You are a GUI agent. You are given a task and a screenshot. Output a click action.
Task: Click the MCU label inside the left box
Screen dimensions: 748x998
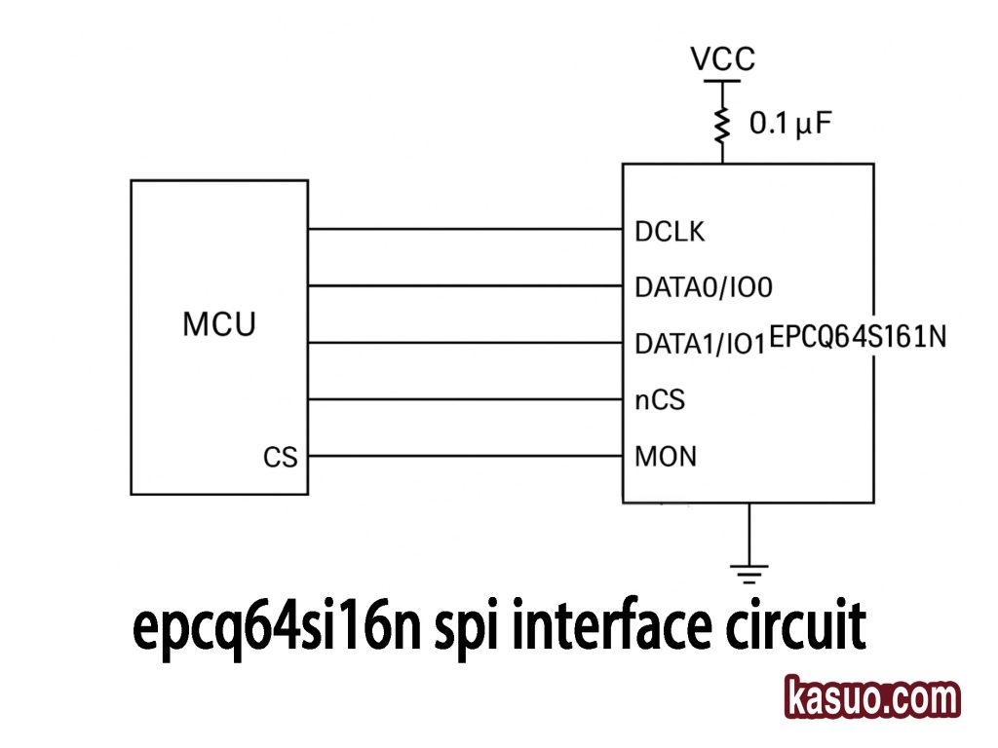point(218,324)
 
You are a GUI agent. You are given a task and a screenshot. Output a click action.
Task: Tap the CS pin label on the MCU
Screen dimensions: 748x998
point(281,457)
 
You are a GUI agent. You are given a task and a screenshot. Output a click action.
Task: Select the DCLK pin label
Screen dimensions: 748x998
point(669,232)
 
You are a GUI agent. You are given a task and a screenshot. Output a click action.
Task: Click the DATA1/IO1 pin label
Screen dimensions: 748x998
point(700,344)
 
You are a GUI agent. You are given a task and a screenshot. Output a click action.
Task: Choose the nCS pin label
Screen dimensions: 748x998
point(660,399)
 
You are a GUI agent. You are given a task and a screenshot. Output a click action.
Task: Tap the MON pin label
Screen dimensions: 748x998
point(666,456)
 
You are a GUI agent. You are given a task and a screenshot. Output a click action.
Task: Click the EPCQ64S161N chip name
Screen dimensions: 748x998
point(858,338)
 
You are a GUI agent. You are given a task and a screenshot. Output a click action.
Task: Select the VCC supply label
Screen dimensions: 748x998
point(722,59)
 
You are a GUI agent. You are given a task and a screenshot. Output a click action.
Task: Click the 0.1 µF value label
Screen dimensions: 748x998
point(790,125)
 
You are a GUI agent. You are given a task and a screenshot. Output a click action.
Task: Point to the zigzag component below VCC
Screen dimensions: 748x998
point(722,124)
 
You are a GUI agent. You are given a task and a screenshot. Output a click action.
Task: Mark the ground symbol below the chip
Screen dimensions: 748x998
point(748,572)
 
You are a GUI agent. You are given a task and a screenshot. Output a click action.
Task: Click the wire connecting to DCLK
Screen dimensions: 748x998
point(465,230)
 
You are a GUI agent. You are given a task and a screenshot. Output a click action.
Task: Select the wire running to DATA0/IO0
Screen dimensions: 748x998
point(465,286)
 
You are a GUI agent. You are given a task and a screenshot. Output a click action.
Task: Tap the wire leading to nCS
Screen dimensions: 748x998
point(465,398)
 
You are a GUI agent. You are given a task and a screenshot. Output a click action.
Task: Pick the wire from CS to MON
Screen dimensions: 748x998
point(465,455)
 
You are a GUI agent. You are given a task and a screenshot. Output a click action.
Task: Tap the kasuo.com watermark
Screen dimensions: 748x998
point(872,699)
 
